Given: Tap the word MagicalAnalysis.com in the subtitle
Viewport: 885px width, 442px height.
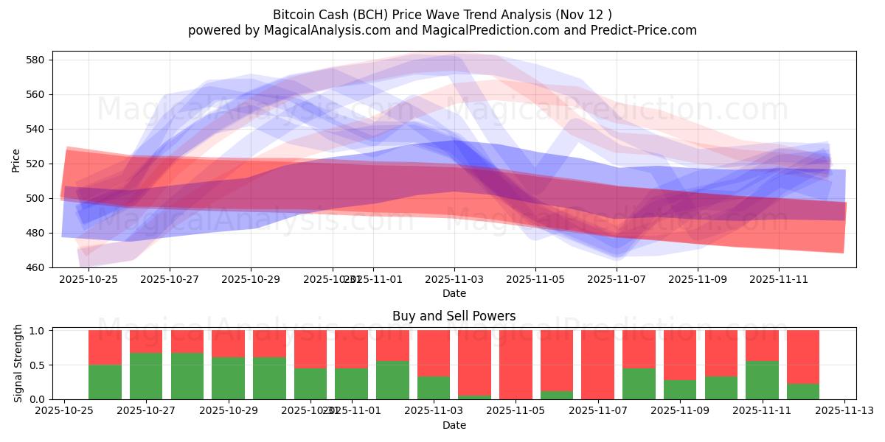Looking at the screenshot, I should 321,30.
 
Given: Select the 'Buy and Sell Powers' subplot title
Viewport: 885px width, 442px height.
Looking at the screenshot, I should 454,316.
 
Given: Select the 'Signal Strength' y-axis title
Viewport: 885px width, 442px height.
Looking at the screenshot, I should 18,364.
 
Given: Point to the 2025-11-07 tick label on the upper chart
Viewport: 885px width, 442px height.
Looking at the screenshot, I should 617,279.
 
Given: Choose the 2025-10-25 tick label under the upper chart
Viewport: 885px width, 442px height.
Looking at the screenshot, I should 88,279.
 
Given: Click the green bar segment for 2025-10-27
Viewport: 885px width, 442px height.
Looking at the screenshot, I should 146,376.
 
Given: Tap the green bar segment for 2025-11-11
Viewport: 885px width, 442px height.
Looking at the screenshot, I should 762,380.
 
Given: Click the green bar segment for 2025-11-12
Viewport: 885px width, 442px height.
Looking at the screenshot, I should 803,391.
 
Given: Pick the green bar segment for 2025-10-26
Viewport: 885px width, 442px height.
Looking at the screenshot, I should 105,382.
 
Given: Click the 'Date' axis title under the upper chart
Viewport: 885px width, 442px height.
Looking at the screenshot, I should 454,293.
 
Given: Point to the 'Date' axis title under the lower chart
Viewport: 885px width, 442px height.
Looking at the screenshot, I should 454,425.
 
